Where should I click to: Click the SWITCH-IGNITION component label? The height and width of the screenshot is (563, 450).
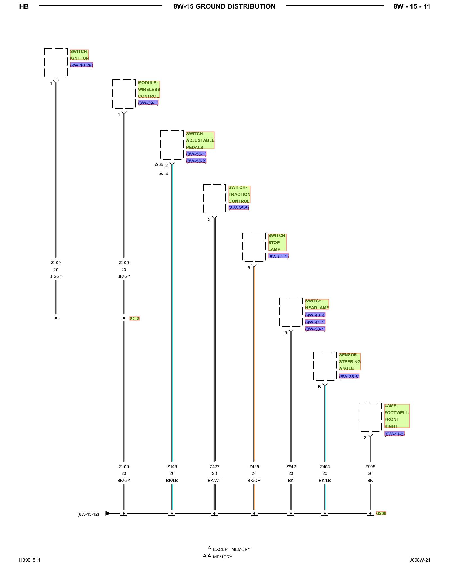79,55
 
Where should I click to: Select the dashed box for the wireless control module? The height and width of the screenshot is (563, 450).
112,94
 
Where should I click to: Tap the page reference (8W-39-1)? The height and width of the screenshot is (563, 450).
148,103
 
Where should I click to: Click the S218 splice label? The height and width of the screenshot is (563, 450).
134,318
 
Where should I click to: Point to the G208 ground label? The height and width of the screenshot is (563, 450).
381,513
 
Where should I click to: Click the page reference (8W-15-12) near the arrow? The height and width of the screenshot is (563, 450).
88,514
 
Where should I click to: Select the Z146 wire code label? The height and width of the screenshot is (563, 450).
172,466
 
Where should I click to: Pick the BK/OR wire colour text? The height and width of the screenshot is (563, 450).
254,480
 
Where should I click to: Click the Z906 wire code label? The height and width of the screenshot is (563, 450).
370,466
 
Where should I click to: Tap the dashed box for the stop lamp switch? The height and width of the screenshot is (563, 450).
243,247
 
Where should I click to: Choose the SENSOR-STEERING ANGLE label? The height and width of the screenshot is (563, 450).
350,361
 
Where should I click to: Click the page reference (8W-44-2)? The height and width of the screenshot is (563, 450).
395,434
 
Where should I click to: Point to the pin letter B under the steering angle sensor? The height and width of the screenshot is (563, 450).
319,387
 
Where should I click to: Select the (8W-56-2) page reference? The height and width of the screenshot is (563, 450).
196,161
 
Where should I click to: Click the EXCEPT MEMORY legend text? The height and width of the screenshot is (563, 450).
232,549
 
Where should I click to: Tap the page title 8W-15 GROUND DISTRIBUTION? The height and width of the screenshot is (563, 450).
224,6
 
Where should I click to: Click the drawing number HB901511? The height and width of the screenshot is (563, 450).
30,560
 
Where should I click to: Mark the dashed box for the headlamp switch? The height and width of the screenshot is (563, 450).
280,312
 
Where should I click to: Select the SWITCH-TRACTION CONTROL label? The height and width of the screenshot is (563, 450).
239,194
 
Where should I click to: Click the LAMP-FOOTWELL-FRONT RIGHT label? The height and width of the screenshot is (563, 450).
397,416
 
